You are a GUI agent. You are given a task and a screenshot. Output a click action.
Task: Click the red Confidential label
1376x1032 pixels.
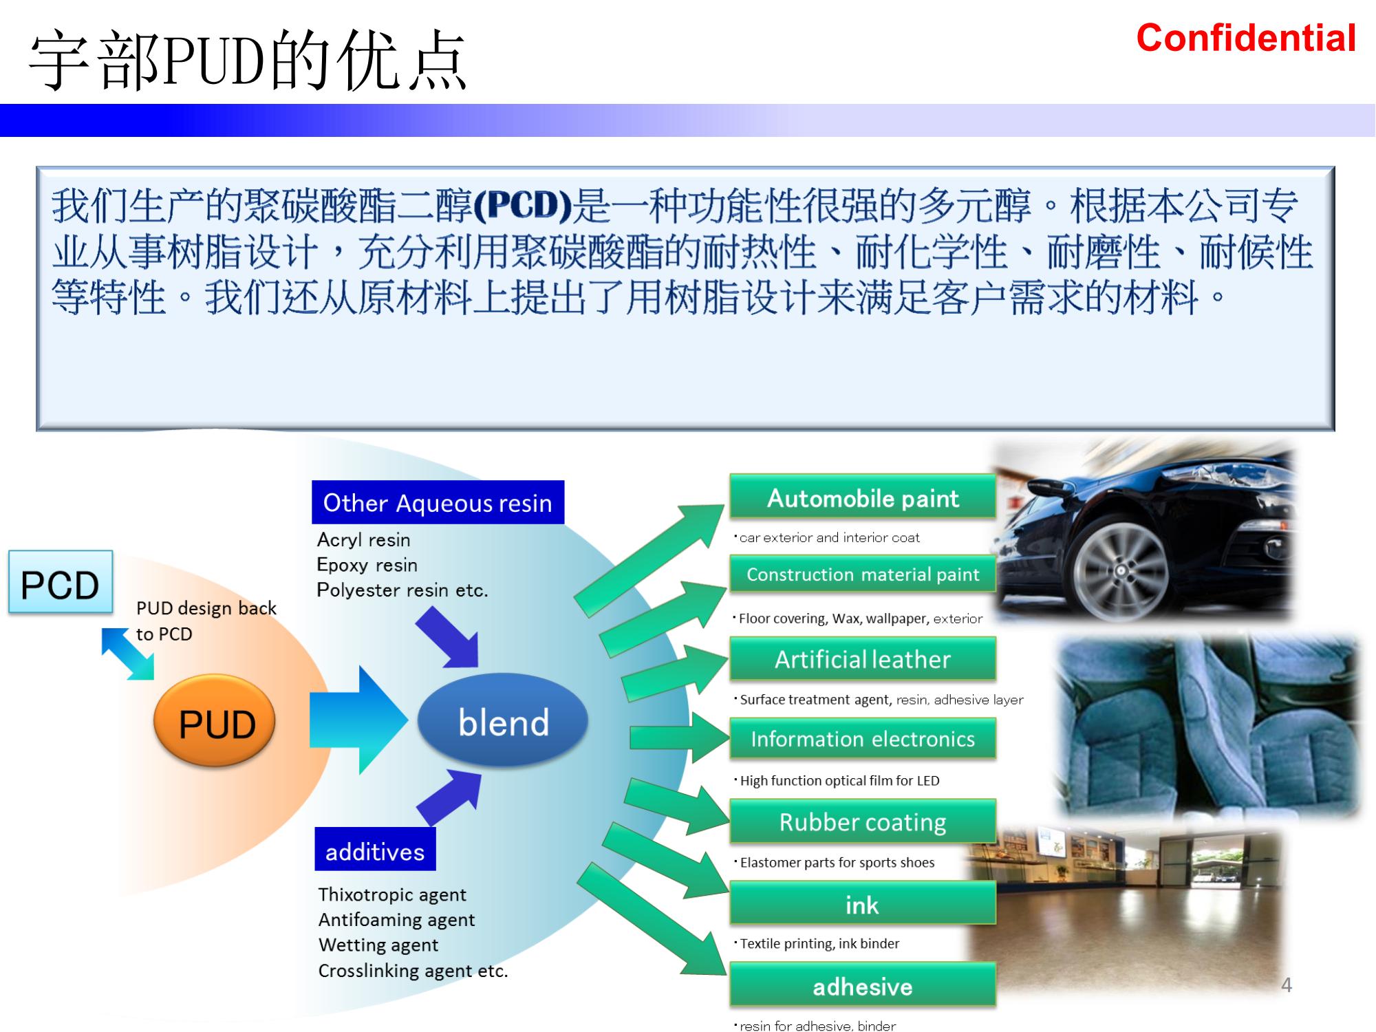tap(1245, 38)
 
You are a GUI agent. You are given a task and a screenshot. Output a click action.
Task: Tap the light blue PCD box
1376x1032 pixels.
tap(61, 583)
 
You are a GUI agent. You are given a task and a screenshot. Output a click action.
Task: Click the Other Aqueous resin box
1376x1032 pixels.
tap(438, 503)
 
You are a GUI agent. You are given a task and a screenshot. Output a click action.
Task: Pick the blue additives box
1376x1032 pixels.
tap(375, 851)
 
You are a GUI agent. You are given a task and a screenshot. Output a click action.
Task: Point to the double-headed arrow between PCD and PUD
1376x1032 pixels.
tap(127, 654)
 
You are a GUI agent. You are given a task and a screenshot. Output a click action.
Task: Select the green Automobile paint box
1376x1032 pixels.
tap(862, 497)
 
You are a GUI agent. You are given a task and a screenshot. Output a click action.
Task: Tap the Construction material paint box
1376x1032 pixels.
tap(862, 574)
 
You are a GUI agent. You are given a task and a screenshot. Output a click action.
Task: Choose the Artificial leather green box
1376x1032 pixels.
tap(862, 659)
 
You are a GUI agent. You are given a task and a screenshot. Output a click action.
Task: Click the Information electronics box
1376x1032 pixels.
tap(862, 739)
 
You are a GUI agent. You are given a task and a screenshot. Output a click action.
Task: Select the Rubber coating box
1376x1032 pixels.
tap(862, 821)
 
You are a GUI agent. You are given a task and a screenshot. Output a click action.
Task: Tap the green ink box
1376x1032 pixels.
tap(862, 904)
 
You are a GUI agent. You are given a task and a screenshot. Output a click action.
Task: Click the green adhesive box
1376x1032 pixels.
tap(862, 986)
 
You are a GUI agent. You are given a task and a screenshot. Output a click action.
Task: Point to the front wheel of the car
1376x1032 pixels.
tap(1121, 570)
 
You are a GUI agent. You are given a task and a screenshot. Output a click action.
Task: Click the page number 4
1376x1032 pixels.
tap(1286, 985)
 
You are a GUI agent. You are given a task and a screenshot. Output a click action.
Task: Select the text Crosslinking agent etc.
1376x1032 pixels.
tap(413, 971)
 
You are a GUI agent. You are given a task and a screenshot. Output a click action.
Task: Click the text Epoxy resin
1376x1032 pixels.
tap(367, 565)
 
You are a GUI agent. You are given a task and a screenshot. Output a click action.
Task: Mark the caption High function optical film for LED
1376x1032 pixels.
tap(839, 780)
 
